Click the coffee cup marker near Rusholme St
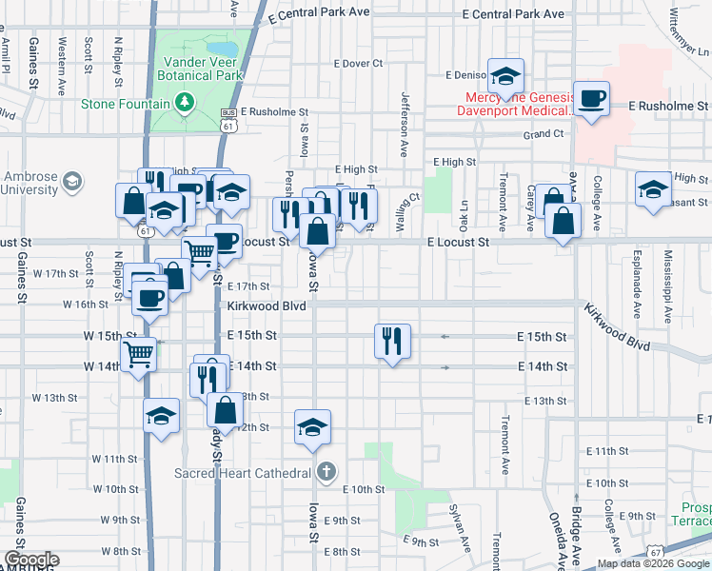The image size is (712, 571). point(591,98)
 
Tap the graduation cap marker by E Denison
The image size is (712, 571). point(506,75)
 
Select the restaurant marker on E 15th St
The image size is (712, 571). point(392,341)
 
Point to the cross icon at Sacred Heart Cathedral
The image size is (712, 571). point(326,472)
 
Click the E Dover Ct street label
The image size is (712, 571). point(358,64)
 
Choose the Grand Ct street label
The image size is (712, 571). point(544,135)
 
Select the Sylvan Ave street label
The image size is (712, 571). point(463,532)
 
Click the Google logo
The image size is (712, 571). point(30,560)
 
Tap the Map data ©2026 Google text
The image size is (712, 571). point(652,563)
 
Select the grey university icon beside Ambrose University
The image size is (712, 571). point(71,181)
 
